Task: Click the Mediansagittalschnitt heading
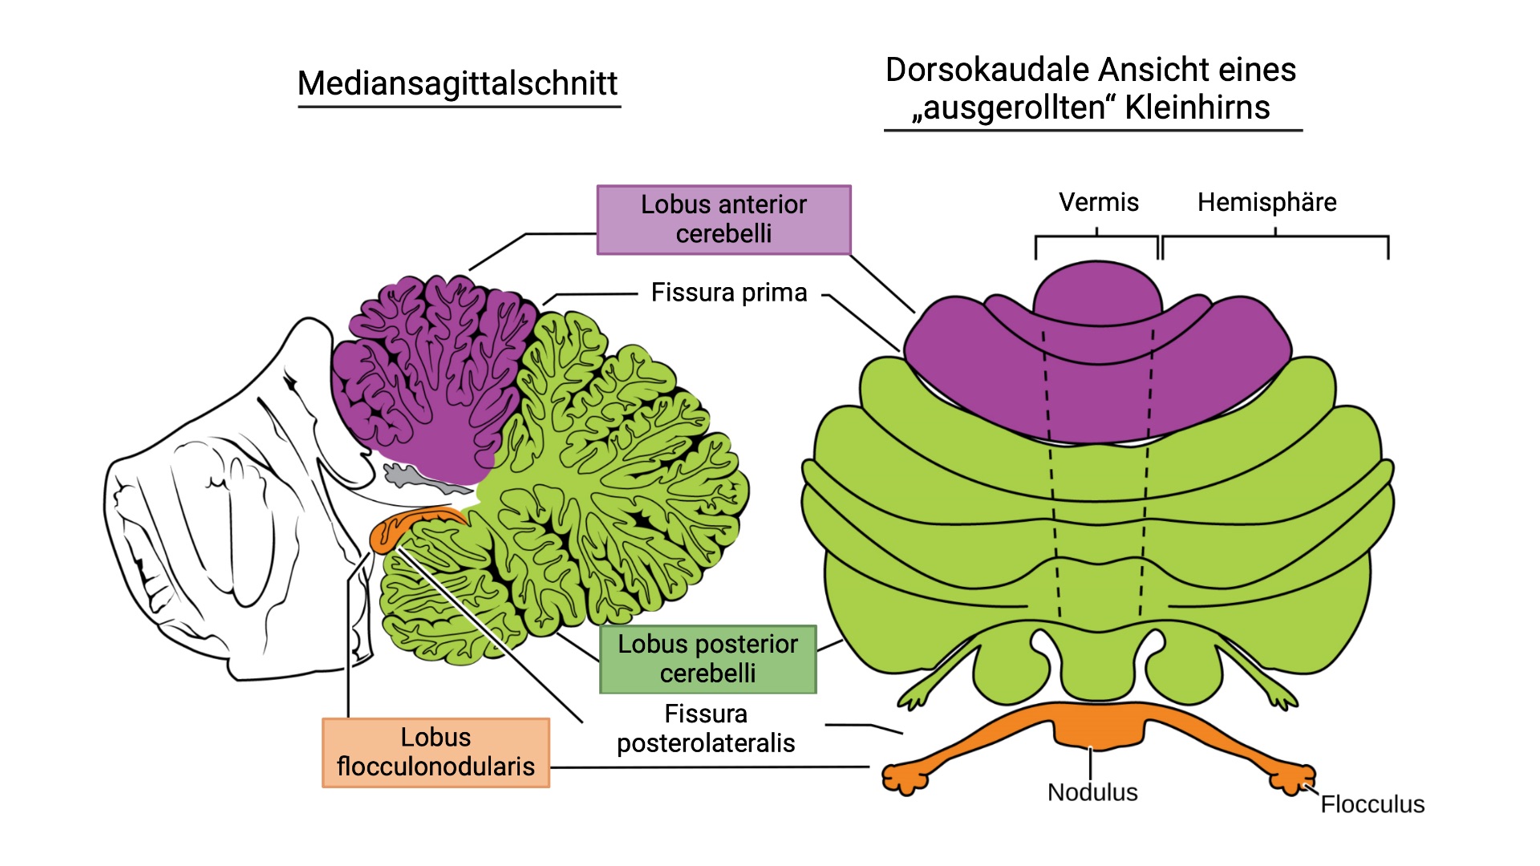457,83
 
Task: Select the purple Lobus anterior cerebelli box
723,219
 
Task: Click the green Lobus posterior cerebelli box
707,658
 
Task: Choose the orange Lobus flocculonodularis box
436,752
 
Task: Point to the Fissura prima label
728,293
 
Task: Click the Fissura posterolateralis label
706,728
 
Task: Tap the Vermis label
1098,202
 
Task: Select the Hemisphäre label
1266,202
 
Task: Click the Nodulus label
1092,792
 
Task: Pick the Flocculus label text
1372,804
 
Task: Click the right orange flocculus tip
1292,779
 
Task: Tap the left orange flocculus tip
904,779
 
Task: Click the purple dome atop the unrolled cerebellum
1097,293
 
